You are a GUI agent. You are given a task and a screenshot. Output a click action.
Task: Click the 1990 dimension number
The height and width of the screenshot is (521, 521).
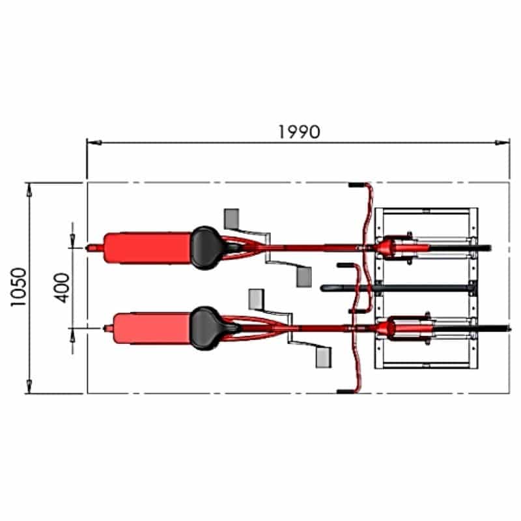pos(299,132)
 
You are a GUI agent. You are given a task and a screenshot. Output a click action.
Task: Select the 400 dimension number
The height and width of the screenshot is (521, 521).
pos(62,288)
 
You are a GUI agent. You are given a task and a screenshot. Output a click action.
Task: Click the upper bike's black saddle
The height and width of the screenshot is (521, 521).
pos(206,248)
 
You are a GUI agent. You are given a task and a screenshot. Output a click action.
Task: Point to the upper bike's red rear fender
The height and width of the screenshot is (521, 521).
pos(147,248)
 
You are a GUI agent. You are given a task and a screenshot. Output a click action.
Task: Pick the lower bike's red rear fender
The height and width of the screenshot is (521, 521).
pos(152,328)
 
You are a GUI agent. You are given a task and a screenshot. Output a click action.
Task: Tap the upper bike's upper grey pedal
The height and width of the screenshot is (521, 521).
pos(232,218)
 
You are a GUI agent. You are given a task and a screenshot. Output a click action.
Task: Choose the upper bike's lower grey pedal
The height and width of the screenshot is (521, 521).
pos(304,277)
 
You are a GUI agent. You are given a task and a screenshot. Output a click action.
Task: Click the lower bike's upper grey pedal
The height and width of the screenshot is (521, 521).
pos(257,300)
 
